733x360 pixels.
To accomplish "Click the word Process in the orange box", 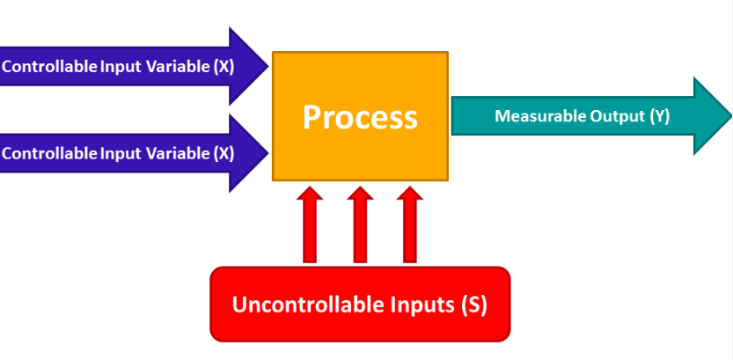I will [x=360, y=116].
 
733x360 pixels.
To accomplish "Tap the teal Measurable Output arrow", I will [x=581, y=116].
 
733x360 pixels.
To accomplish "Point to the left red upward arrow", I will [x=309, y=224].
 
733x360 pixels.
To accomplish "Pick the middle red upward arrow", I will [x=359, y=224].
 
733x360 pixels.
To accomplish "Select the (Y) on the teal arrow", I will [x=660, y=116].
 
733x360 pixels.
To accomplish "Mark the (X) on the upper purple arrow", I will [x=224, y=67].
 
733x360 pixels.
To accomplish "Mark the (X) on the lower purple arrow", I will [x=224, y=153].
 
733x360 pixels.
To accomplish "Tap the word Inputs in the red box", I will [x=413, y=305].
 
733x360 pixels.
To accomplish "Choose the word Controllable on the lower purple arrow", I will [x=49, y=153].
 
